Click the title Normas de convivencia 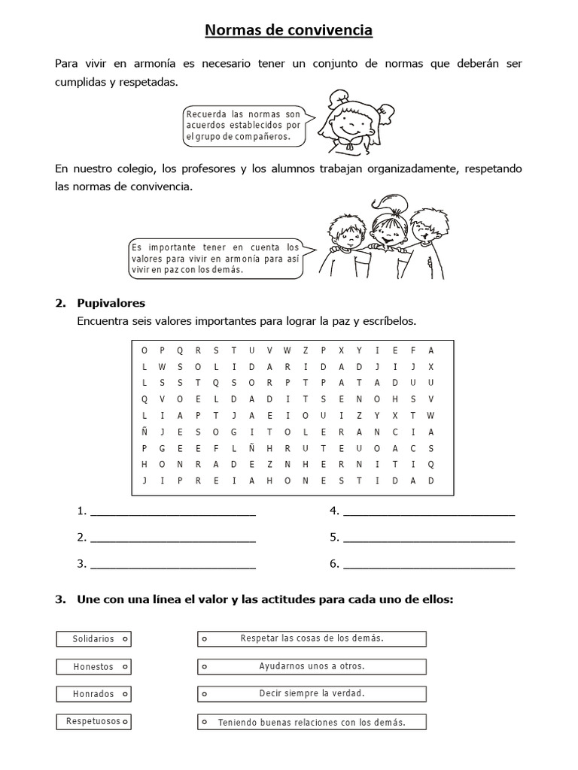[289, 30]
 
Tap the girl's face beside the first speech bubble [348, 120]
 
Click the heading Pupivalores [111, 303]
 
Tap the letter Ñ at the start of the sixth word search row [143, 432]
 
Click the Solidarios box [94, 639]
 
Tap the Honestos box [94, 667]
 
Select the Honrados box [94, 694]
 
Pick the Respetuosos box [94, 722]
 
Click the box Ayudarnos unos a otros [312, 667]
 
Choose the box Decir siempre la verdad [312, 694]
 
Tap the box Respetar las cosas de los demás [312, 639]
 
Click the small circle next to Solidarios [124, 639]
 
